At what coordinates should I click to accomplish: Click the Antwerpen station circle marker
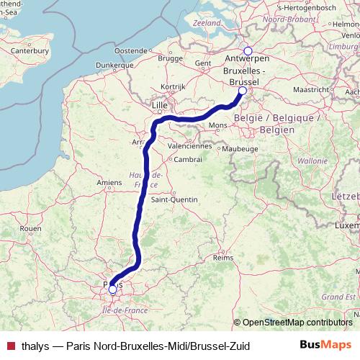click(248, 51)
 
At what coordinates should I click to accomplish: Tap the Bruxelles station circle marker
click(243, 91)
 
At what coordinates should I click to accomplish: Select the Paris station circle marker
click(112, 289)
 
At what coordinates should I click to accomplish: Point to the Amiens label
click(109, 183)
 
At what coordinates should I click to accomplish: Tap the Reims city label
click(224, 256)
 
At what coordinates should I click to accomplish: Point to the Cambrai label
click(188, 159)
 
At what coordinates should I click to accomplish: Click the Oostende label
click(130, 51)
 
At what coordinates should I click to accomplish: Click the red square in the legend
click(9, 346)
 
